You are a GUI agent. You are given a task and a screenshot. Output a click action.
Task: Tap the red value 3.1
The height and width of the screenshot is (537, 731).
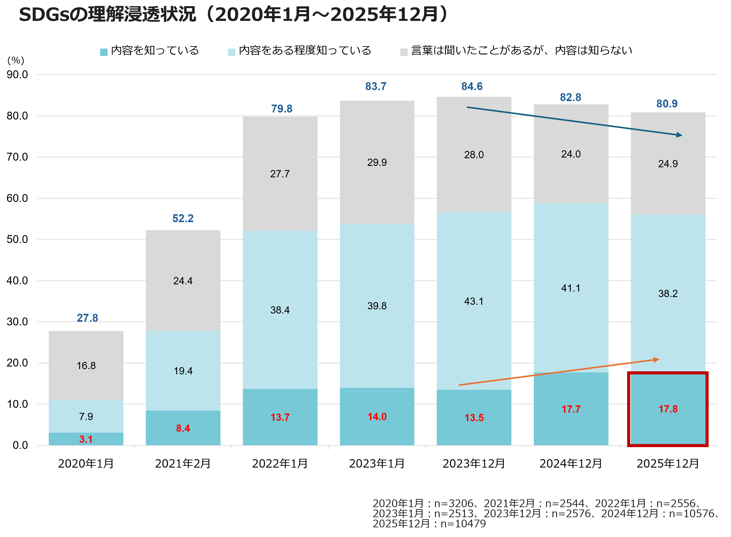coord(86,439)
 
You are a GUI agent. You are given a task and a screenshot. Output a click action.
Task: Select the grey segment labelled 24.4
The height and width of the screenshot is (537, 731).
coord(183,281)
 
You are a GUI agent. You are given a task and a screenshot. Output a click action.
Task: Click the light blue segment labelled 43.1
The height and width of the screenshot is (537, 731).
coord(474,301)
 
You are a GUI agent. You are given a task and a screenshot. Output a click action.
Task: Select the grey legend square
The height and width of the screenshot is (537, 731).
coord(404,52)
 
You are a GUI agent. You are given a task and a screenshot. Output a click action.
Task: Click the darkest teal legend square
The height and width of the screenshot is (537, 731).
coord(104,52)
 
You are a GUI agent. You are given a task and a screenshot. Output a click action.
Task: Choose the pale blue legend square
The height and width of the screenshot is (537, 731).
coord(232,52)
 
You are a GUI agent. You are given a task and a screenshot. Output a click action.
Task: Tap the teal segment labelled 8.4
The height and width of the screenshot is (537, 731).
coord(183,428)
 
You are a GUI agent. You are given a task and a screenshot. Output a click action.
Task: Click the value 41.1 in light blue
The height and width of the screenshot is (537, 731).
coord(571,288)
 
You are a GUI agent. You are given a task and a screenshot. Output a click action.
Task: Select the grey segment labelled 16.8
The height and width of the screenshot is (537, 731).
coord(86,366)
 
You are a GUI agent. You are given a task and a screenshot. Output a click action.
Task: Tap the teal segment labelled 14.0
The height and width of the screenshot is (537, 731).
coord(377,417)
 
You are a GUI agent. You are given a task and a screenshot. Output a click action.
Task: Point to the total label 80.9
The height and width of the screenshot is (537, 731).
coord(667,104)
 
